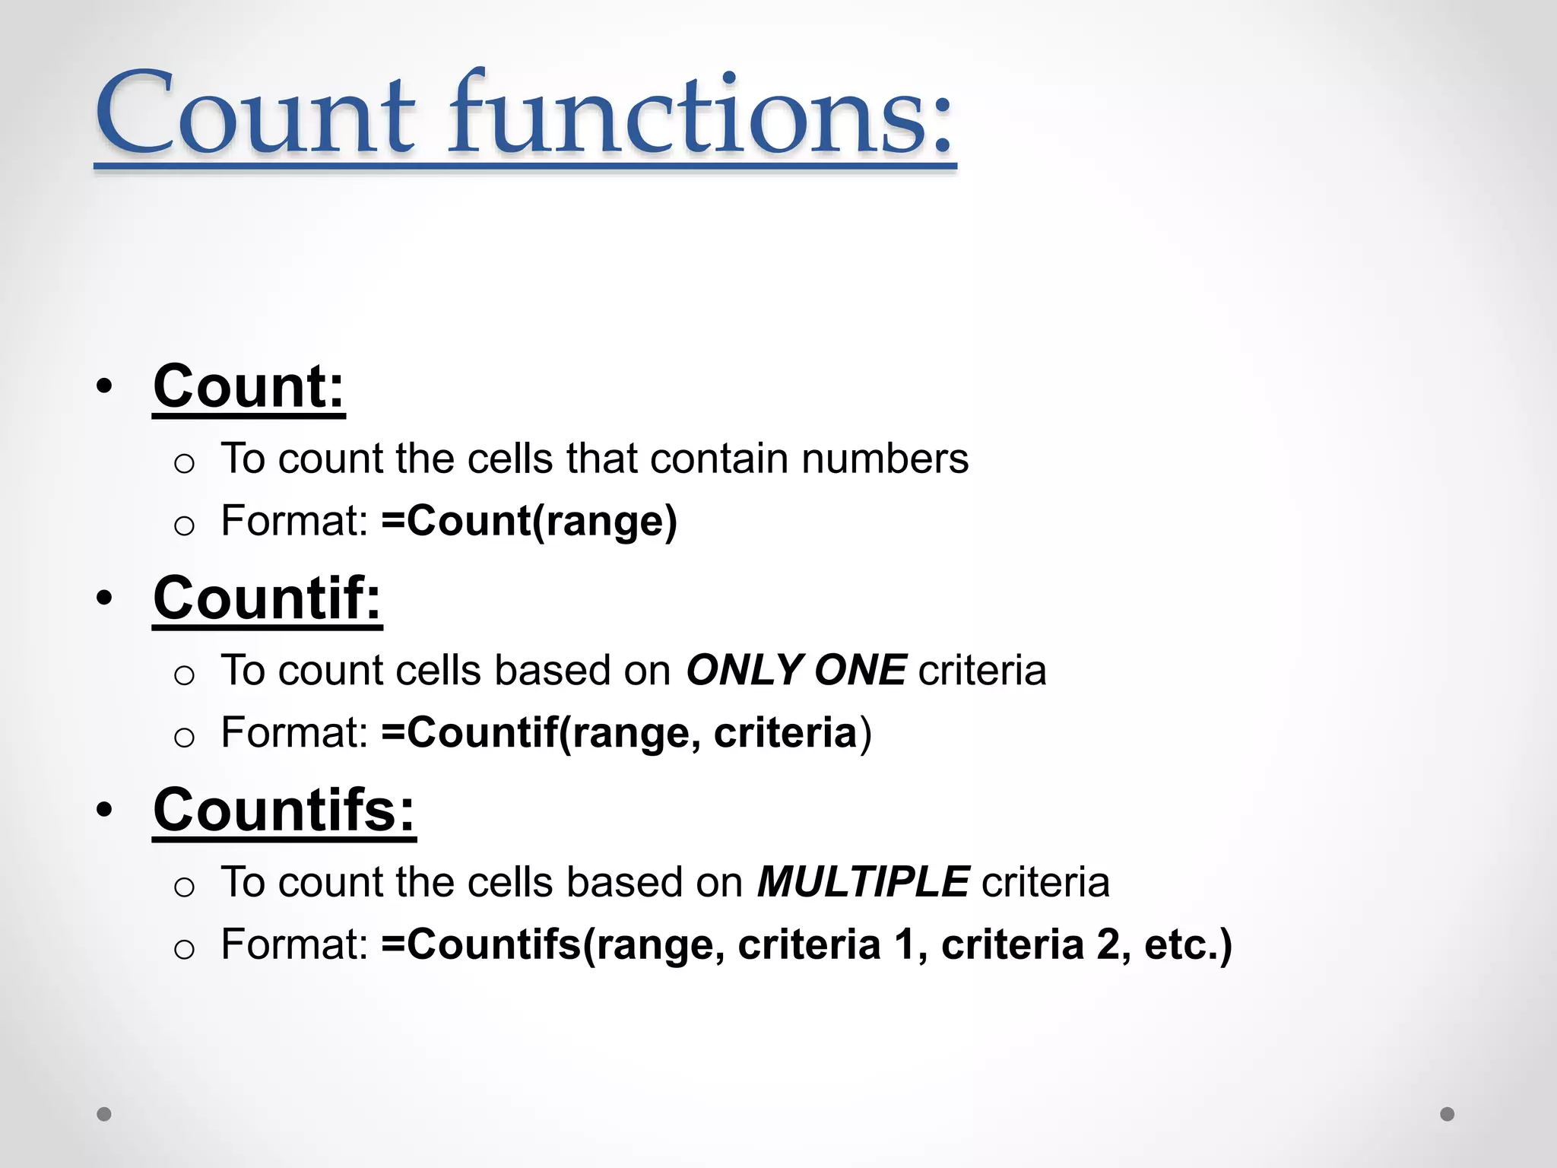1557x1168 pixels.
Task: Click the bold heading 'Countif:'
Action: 267,598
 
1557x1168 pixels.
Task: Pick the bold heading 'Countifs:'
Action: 284,811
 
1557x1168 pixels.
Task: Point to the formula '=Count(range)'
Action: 529,522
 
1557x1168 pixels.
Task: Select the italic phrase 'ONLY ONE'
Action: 796,671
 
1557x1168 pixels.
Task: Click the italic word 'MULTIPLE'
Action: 863,883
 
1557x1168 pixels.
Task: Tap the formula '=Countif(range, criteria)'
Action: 626,733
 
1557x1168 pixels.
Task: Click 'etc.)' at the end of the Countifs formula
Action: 1188,945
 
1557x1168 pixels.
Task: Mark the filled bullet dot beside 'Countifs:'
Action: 105,811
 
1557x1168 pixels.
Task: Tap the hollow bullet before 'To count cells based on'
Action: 184,674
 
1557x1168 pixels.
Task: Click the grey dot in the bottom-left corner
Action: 104,1114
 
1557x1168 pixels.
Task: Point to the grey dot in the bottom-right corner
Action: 1448,1114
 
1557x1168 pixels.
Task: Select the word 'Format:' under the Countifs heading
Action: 294,945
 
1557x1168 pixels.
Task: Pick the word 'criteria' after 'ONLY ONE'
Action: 982,671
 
